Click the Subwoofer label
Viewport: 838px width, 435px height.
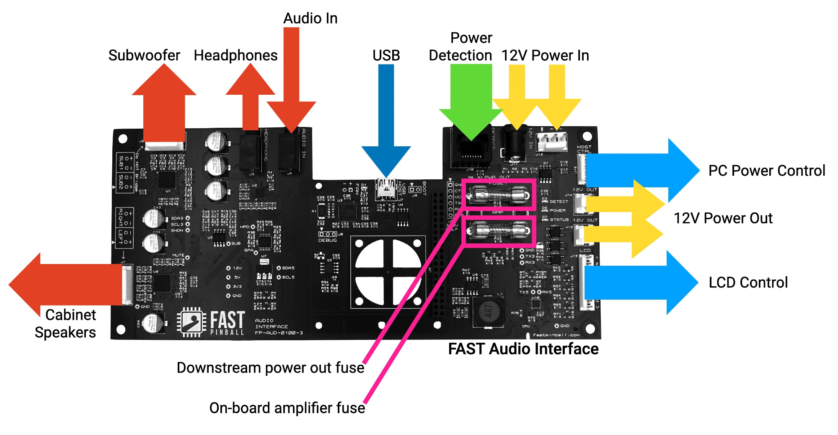(x=144, y=55)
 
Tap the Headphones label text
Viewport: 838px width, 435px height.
(x=235, y=55)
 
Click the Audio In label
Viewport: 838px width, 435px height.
(x=310, y=18)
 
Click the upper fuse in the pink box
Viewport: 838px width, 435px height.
(x=498, y=195)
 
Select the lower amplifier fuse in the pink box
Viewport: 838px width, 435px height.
(x=498, y=230)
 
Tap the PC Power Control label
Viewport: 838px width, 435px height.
(x=766, y=171)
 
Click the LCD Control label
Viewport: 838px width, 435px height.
(x=748, y=282)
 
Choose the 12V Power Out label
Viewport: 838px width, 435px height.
(x=723, y=218)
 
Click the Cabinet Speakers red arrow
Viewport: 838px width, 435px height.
(x=63, y=285)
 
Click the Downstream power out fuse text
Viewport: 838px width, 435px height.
(x=270, y=368)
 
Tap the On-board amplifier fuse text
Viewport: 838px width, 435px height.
(x=287, y=408)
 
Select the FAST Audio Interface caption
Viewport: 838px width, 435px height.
(x=523, y=349)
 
